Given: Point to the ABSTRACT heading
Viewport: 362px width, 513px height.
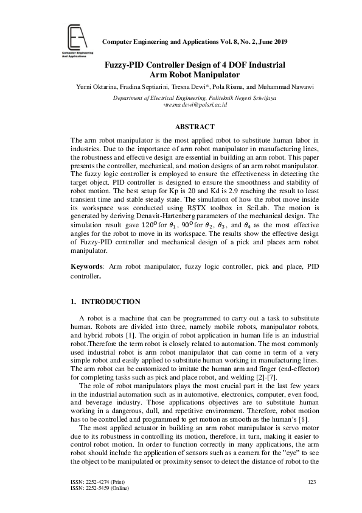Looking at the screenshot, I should click(x=194, y=127).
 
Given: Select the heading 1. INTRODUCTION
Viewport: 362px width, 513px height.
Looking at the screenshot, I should click(x=106, y=302).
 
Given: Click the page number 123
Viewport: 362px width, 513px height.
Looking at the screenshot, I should click(x=313, y=482).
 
